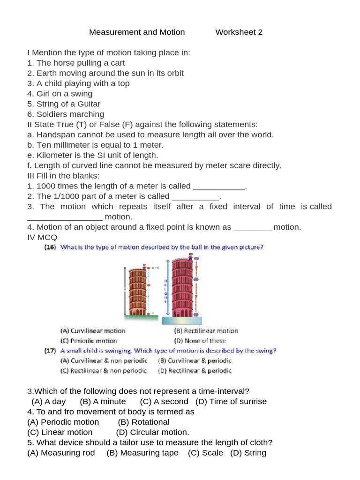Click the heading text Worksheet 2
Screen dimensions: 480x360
point(239,32)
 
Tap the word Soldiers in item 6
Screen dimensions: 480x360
point(52,114)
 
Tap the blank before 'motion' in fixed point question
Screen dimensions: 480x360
point(252,227)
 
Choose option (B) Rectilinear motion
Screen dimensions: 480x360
point(206,331)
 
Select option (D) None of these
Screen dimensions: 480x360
point(200,341)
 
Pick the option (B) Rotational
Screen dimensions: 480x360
point(144,422)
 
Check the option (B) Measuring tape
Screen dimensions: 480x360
point(142,453)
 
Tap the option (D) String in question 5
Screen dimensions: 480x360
point(248,453)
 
